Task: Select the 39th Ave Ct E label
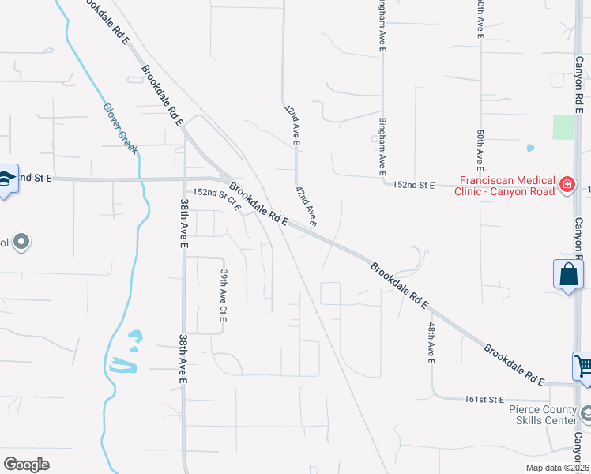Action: coord(224,295)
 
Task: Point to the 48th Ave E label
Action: coord(431,342)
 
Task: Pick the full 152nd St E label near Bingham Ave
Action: coord(414,185)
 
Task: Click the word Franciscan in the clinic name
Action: coord(483,179)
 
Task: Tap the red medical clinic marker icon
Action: coord(567,185)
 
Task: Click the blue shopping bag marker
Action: coord(568,275)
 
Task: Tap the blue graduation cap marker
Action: coord(7,179)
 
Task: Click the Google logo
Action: coord(26,465)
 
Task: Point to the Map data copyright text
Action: coord(557,468)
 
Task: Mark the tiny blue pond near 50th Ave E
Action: coord(529,148)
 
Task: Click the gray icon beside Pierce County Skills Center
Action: coord(585,412)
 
